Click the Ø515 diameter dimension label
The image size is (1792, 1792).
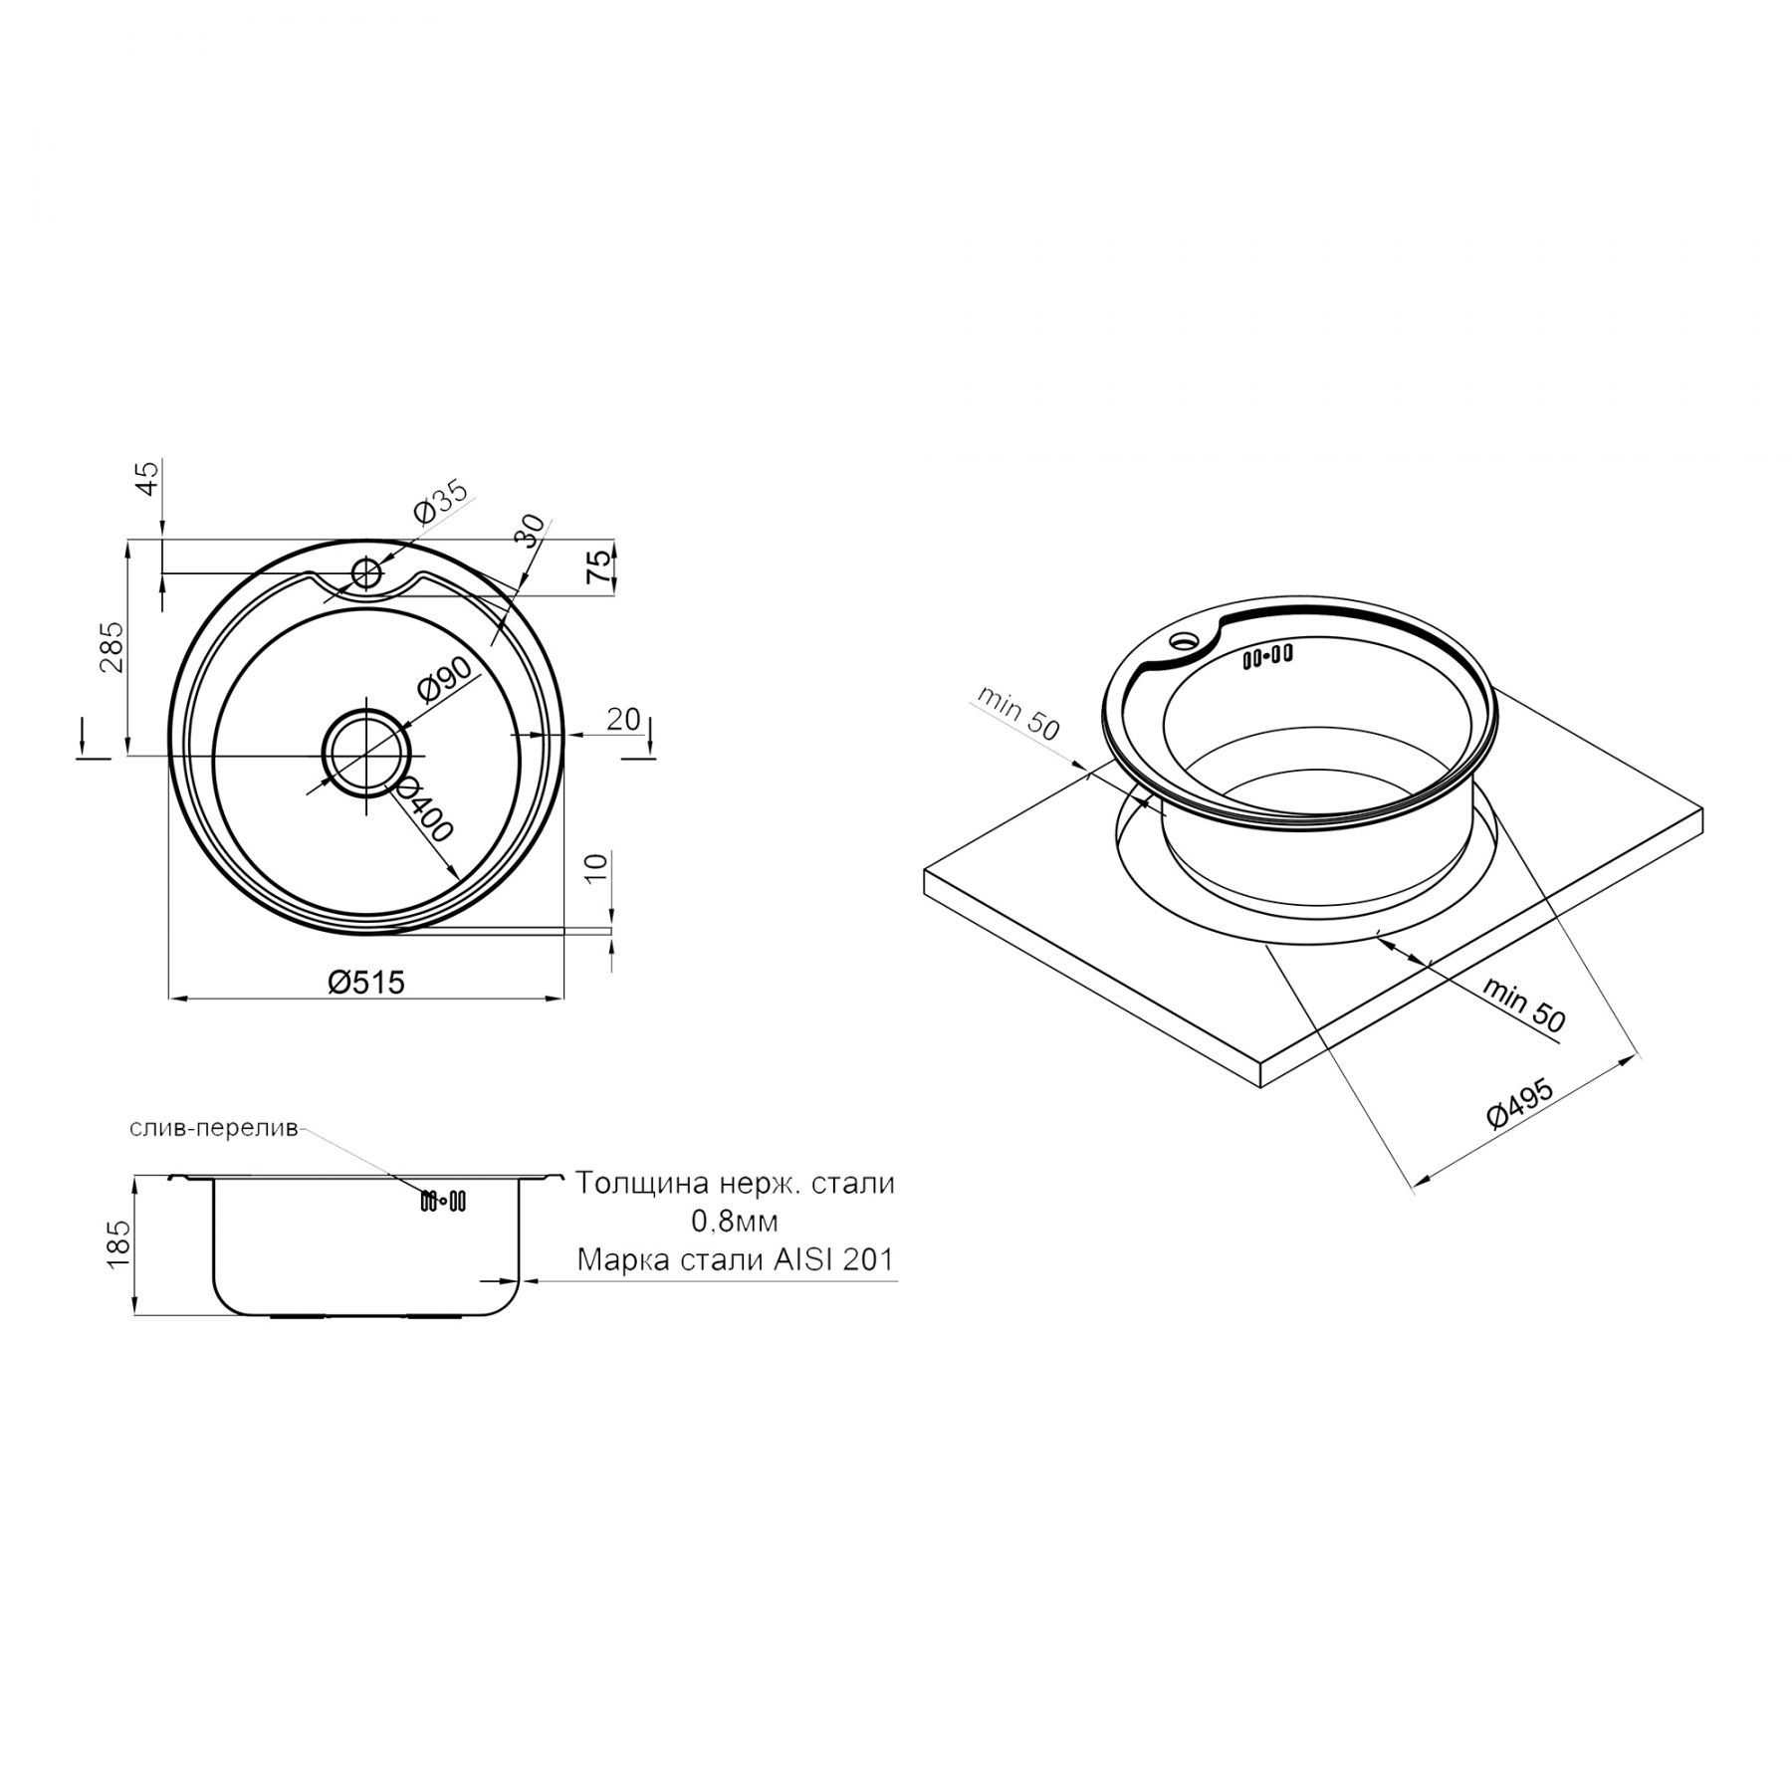[x=366, y=982]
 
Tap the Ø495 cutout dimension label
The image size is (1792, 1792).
[x=1521, y=1101]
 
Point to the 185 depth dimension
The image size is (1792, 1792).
[x=117, y=1243]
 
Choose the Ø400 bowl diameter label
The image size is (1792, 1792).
[x=423, y=807]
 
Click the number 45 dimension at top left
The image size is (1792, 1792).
[x=146, y=479]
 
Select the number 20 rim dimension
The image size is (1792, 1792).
[x=623, y=718]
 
